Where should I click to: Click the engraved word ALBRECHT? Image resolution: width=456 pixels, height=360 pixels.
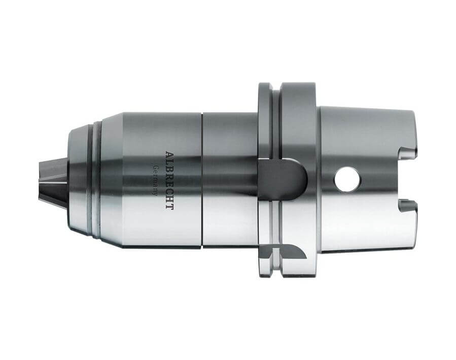click(x=169, y=180)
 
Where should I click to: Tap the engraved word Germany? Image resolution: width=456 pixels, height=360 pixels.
click(x=156, y=180)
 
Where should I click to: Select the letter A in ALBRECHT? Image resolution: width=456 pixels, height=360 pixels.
click(x=169, y=154)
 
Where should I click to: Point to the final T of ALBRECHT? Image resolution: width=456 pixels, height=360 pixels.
click(x=169, y=207)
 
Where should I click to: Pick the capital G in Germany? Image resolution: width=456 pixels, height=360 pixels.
click(x=156, y=168)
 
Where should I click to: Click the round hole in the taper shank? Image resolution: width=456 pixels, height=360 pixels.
click(x=346, y=179)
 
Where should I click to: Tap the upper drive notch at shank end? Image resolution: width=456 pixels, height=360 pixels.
click(x=408, y=153)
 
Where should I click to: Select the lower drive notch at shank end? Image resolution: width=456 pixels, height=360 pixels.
click(x=408, y=206)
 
